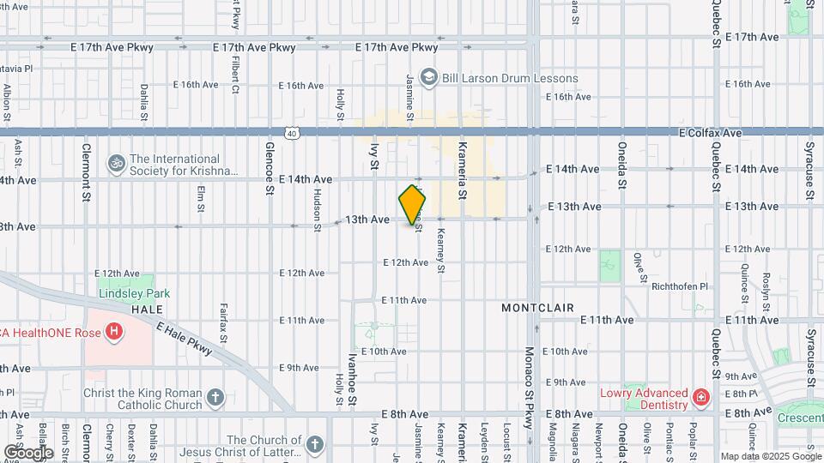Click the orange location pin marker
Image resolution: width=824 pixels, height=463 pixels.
pos(413,204)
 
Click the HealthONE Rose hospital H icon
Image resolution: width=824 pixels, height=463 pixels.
pos(114,331)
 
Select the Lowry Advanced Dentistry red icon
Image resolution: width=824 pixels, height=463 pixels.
pos(701,397)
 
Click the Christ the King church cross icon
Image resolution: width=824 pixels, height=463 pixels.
pos(215,398)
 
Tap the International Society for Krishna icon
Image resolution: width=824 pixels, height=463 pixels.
pos(116,162)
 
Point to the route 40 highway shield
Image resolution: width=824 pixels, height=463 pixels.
pos(293,133)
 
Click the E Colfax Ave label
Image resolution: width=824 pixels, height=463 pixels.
pos(709,133)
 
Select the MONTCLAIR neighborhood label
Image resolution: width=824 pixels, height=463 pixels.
pos(538,307)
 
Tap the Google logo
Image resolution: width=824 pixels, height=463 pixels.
pos(28,452)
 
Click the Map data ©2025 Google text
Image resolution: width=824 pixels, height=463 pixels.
pos(769,456)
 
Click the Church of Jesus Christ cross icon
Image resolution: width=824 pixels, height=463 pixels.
pos(315,444)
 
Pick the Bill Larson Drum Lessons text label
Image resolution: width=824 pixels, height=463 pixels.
pos(510,78)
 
